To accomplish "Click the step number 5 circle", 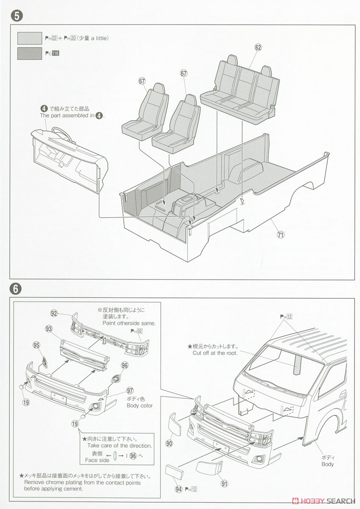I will point(15,16).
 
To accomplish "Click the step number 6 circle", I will point(15,289).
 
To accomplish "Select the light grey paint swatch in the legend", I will point(29,39).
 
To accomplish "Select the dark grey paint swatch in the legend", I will point(29,53).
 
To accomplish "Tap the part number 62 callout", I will point(258,48).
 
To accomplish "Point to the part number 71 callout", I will point(280,234).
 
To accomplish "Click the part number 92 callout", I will point(54,313).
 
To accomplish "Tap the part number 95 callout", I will point(37,345).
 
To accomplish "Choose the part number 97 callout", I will point(130,390).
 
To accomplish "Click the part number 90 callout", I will point(169,444).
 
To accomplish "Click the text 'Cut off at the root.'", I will point(215,353).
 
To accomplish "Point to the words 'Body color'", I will point(139,406).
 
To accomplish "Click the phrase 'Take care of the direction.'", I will point(119,445).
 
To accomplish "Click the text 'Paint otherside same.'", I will point(129,323).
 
